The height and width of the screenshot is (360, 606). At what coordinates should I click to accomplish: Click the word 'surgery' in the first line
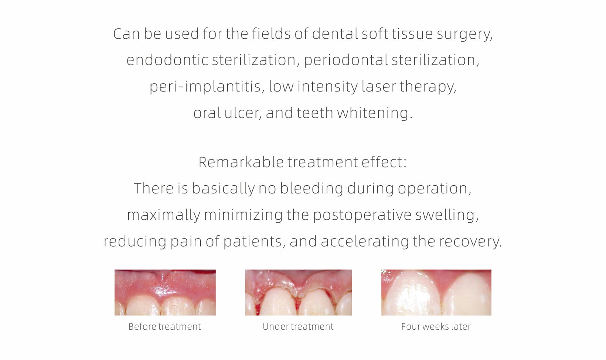pos(464,35)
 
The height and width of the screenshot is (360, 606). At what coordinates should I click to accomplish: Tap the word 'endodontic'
pos(167,60)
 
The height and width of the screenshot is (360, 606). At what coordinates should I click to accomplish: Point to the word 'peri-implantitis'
pos(205,87)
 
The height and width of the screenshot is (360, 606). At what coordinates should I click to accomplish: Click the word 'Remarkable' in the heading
pos(241,162)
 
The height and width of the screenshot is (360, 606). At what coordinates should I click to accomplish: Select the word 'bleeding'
pos(311,189)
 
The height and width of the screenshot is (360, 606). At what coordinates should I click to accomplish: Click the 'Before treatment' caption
pos(164,326)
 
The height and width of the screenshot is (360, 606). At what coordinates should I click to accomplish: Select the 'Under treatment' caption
pos(298,326)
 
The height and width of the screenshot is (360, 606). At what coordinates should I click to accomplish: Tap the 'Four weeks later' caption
pos(436,326)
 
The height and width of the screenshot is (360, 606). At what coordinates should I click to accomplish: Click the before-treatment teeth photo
pos(165,292)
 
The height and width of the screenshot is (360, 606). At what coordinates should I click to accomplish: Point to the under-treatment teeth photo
pos(299,292)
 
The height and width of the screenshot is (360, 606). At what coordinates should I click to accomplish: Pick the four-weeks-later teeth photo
pos(436,292)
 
